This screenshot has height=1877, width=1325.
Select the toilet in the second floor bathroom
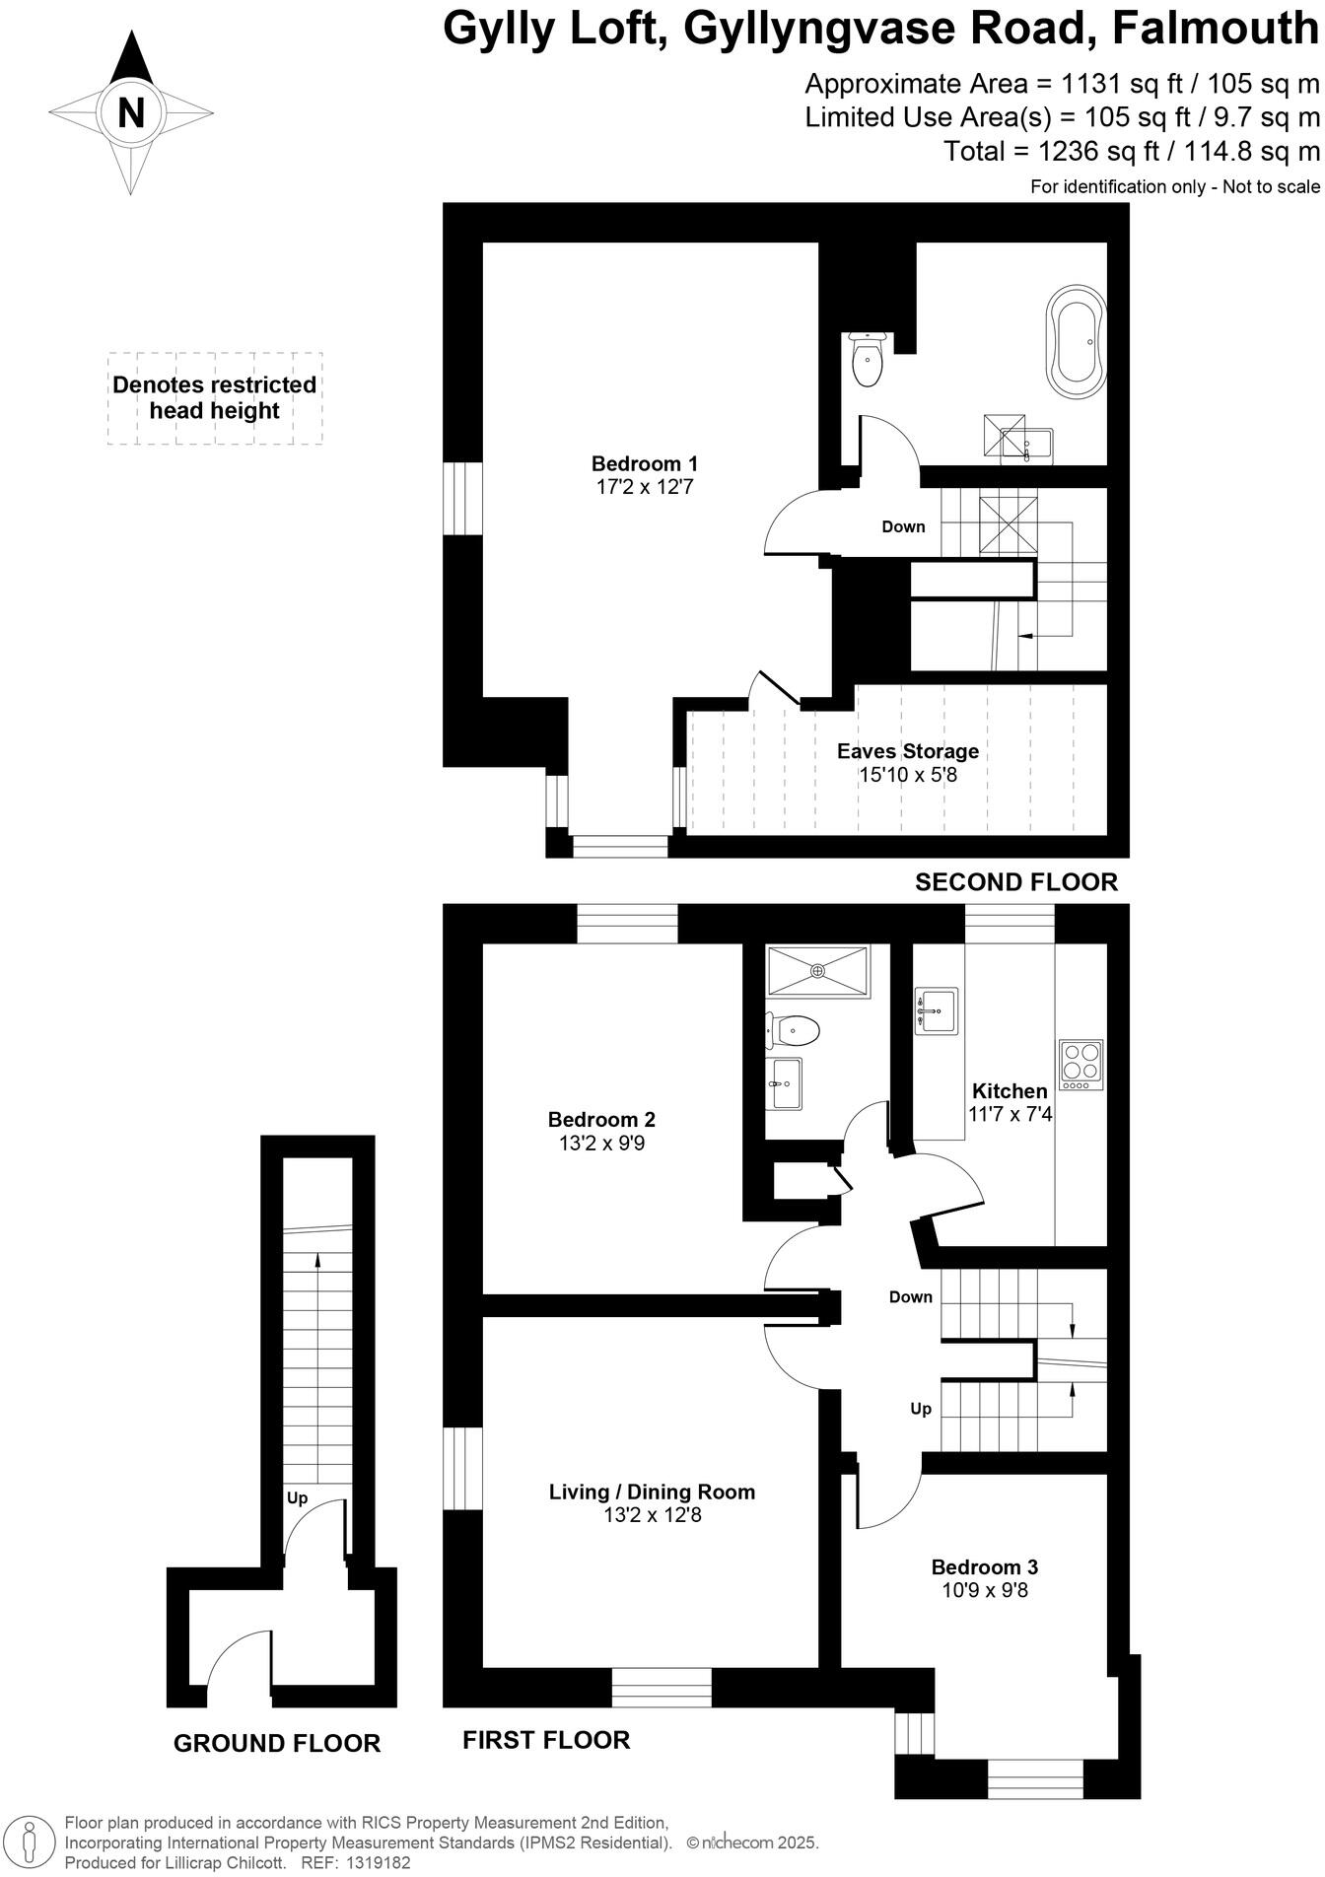pos(868,360)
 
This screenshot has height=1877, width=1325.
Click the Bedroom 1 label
pos(645,463)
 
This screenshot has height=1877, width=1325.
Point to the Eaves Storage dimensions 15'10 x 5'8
pos(908,775)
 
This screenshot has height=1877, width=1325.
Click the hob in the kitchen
pos(1080,1064)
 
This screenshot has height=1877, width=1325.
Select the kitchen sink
pos(936,1010)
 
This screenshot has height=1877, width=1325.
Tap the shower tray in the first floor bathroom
pos(817,971)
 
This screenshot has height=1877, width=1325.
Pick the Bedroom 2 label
pos(601,1120)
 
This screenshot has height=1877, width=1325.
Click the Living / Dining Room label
pos(652,1492)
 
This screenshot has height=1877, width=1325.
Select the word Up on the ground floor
pos(297,1498)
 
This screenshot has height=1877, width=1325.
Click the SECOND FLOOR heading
pos(1016,882)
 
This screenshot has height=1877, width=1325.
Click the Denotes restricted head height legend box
pos(215,398)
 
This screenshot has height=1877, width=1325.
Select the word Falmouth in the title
pos(1215,30)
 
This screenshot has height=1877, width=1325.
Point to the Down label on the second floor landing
pos(903,526)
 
